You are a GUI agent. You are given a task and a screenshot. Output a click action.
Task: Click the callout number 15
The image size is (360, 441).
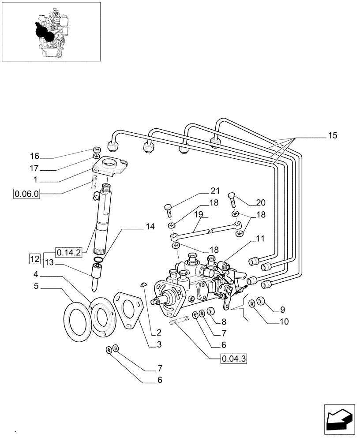coord(332,136)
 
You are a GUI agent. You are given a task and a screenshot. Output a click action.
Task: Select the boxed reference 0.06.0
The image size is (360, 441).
coord(27,193)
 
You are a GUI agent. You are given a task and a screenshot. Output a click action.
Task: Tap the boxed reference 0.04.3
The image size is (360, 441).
coord(233,359)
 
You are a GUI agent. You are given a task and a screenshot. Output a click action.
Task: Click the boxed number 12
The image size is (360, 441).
coord(35,258)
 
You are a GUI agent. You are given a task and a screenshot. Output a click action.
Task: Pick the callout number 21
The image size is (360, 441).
coord(214,191)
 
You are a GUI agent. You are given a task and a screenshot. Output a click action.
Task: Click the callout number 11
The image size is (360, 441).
coord(260,239)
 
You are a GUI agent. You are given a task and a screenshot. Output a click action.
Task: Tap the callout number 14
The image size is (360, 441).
coord(150,227)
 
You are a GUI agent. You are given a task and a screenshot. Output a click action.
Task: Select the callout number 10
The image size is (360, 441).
coord(283,321)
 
